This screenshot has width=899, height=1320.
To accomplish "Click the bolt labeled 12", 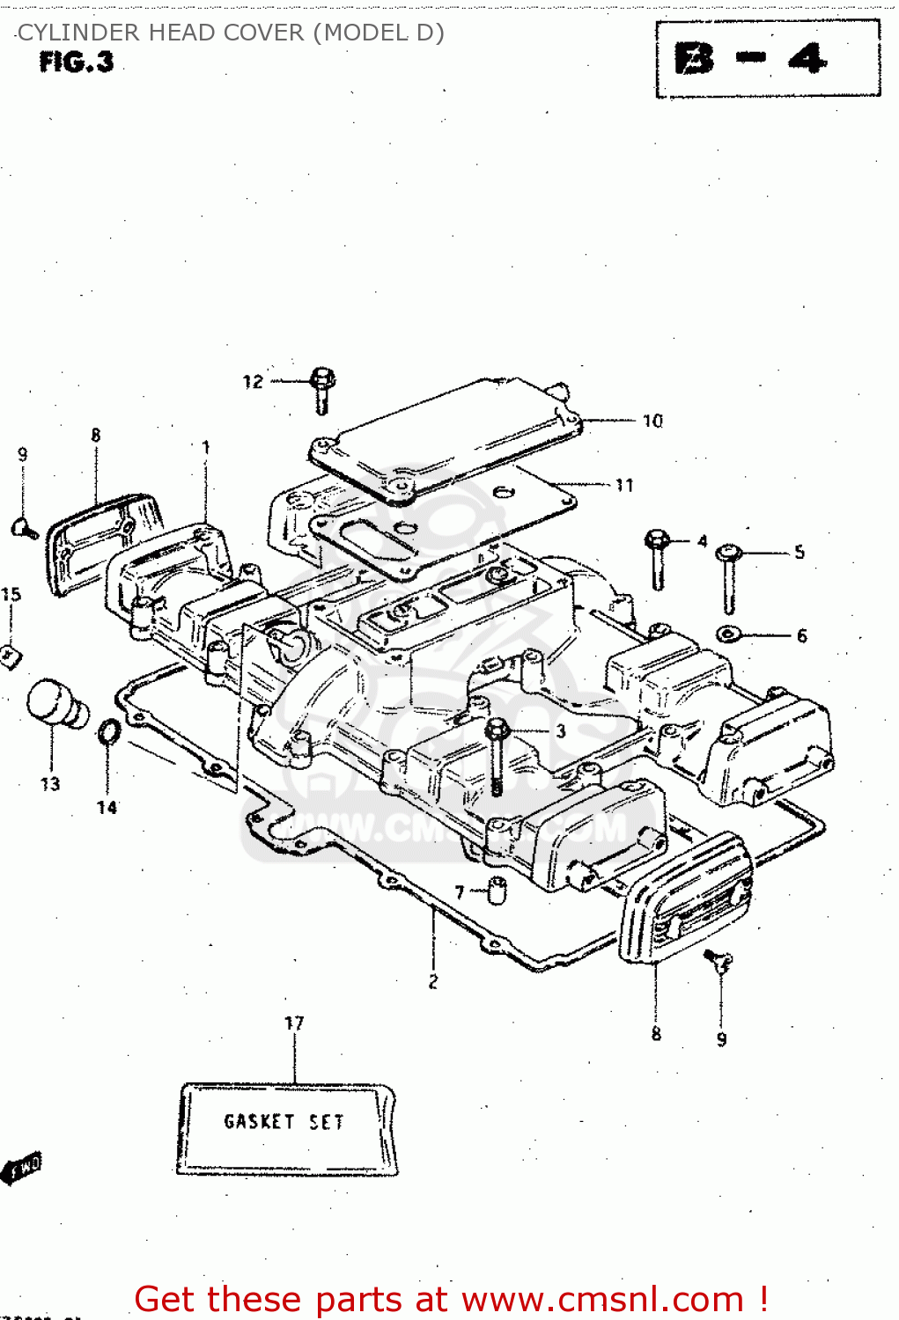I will click(322, 390).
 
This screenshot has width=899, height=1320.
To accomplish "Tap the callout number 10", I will click(652, 422).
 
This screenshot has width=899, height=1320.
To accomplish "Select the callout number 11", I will click(624, 486).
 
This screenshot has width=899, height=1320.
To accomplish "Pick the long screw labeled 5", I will click(729, 577).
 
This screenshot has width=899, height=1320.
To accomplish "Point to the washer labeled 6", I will click(728, 634).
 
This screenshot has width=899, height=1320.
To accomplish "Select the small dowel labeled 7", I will click(497, 891).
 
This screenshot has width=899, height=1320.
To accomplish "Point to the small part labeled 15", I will click(11, 656).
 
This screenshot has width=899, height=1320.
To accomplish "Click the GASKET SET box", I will click(285, 1129).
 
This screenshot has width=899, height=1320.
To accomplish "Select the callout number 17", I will click(294, 1023).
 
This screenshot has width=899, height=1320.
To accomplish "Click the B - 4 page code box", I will click(767, 59).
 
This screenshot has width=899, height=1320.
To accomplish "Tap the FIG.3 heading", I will click(77, 62).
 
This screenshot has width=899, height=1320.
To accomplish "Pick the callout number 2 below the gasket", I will click(432, 982).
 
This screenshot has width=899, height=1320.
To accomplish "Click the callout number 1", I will click(206, 447).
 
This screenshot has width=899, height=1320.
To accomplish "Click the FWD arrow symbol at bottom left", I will click(22, 1169).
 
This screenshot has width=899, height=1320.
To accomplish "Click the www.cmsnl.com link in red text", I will click(602, 1300).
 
